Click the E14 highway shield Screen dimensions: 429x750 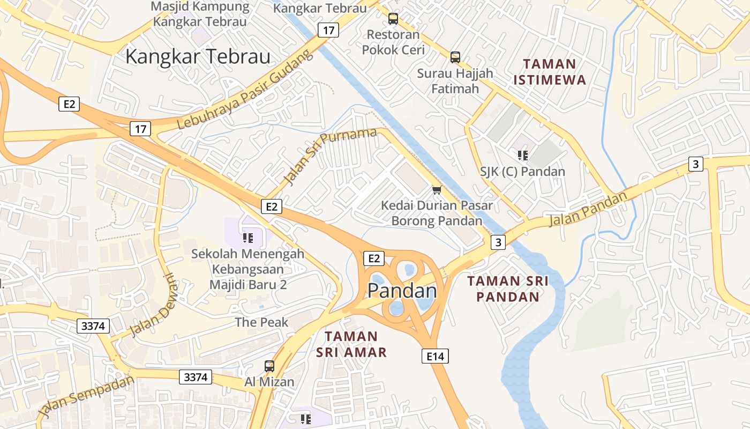(x=434, y=356)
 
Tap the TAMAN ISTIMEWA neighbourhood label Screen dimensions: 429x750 (x=550, y=72)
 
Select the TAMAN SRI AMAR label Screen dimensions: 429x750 (x=351, y=344)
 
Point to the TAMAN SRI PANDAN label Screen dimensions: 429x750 (x=507, y=289)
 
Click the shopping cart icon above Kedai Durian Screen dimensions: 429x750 (x=437, y=190)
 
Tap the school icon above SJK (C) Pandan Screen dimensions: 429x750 (x=522, y=156)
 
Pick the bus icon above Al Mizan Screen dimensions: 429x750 (x=269, y=366)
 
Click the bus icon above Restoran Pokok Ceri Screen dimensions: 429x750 (x=393, y=19)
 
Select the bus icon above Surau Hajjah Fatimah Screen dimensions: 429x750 (x=455, y=57)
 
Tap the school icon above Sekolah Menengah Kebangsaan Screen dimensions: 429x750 (x=247, y=238)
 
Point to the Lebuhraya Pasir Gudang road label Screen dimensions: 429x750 (x=244, y=90)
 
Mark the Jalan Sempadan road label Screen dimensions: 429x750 (x=86, y=397)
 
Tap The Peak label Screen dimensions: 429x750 (x=261, y=322)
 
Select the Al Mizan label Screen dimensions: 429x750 (x=269, y=382)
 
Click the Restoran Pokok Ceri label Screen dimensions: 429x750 (x=393, y=42)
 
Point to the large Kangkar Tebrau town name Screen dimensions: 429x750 (x=198, y=57)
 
